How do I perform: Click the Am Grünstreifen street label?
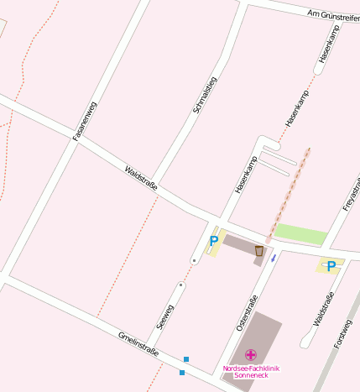pos(332,15)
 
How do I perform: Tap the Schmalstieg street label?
pos(205,95)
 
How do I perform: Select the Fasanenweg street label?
pos(85,120)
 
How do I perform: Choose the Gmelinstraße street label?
pos(138,342)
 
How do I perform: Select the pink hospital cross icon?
pos(250,355)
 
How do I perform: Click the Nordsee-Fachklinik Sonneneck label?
pos(251,371)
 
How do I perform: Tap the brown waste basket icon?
pos(259,250)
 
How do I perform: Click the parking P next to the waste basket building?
pos(213,242)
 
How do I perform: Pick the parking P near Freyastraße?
pos(331,266)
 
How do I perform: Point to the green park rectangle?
pos(300,234)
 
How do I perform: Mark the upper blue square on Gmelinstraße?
pos(186,359)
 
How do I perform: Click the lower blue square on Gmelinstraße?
pos(182,372)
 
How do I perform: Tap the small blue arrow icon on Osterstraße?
pos(273,258)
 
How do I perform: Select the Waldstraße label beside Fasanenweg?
pos(140,177)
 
